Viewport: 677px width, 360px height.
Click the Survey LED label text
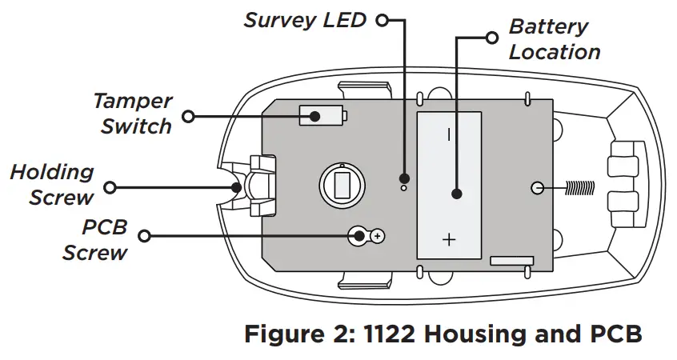click(x=304, y=19)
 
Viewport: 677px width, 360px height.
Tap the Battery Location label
click(x=554, y=39)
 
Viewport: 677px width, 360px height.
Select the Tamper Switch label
click(x=133, y=114)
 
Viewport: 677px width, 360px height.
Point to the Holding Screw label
click(x=53, y=184)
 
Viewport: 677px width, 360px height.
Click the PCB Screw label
click(x=95, y=239)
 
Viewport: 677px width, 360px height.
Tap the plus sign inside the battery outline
click(x=448, y=239)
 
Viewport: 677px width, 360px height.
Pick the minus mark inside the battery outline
click(x=448, y=134)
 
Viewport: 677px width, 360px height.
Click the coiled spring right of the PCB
click(x=579, y=187)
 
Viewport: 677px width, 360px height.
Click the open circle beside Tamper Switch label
click(x=188, y=116)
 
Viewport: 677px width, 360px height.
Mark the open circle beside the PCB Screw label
click(x=144, y=236)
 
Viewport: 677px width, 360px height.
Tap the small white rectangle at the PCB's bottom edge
click(x=511, y=261)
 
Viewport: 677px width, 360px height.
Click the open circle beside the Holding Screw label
click(x=110, y=187)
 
